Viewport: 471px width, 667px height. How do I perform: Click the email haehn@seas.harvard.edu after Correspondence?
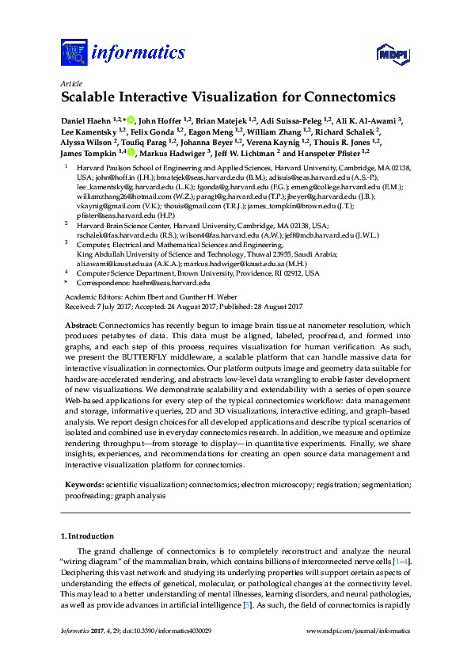[174, 282]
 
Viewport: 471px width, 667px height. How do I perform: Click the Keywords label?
[82, 484]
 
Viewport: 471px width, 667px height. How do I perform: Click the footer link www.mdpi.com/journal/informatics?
[358, 631]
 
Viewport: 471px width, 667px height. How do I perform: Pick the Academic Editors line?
[131, 295]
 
